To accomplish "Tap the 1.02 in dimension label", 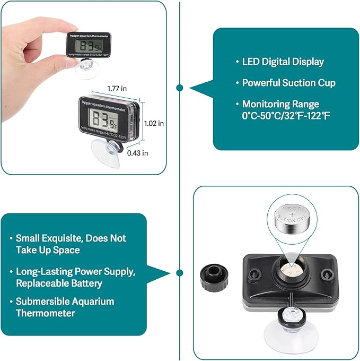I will click(x=154, y=123).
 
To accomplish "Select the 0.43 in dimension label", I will click(x=137, y=153).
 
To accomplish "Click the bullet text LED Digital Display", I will click(x=283, y=62).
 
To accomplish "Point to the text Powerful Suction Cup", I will click(x=288, y=83).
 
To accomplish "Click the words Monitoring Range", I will click(x=280, y=104).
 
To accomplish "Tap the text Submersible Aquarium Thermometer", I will click(x=65, y=307).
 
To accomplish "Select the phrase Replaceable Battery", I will click(x=59, y=283).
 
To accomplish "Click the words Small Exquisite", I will click(x=46, y=238).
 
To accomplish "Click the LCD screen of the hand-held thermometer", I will click(x=87, y=46).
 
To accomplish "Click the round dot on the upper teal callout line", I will click(x=180, y=88).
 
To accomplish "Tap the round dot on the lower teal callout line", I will click(x=180, y=273).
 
